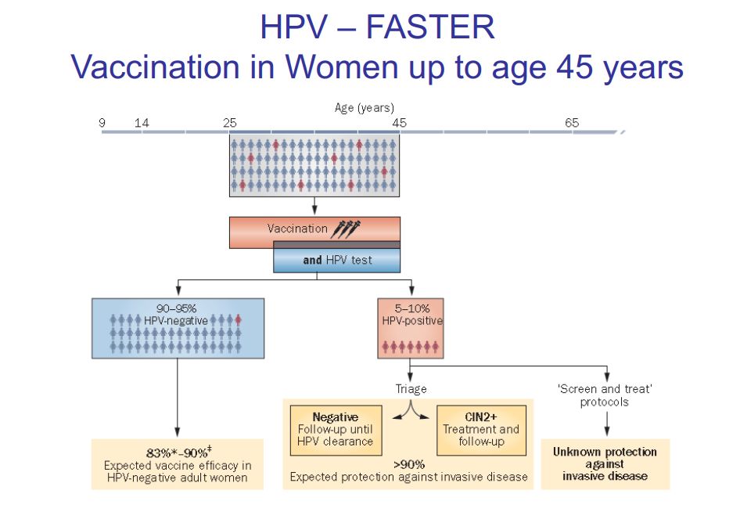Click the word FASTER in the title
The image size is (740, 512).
(429, 27)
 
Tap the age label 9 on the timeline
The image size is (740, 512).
(102, 123)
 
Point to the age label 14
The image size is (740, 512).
(142, 123)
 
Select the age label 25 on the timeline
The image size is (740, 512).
(229, 123)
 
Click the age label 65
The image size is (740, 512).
(572, 123)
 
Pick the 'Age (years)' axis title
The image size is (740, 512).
(365, 108)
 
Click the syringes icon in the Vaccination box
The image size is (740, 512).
(346, 229)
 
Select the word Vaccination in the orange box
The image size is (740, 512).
(297, 229)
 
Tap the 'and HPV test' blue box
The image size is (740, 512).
(337, 261)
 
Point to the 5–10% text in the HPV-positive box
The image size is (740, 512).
(411, 308)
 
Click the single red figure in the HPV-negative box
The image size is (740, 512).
(239, 320)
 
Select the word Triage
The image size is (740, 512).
(411, 389)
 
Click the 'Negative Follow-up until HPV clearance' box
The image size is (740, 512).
(336, 430)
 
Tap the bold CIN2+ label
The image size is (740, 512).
(480, 418)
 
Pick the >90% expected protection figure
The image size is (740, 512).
(408, 463)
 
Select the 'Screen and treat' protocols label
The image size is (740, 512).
(605, 395)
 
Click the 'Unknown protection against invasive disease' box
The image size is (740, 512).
(605, 463)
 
